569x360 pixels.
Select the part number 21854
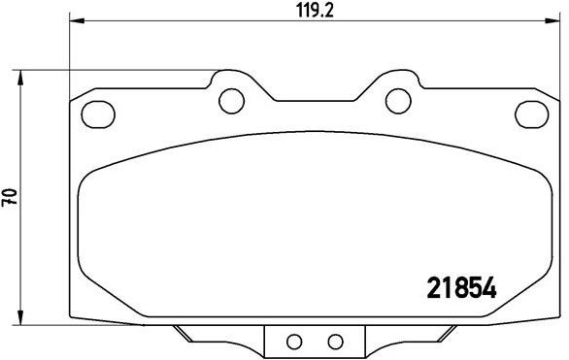pyautogui.click(x=462, y=289)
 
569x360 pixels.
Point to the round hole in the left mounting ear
pyautogui.click(x=230, y=98)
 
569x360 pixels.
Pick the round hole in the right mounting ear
pyautogui.click(x=396, y=98)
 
